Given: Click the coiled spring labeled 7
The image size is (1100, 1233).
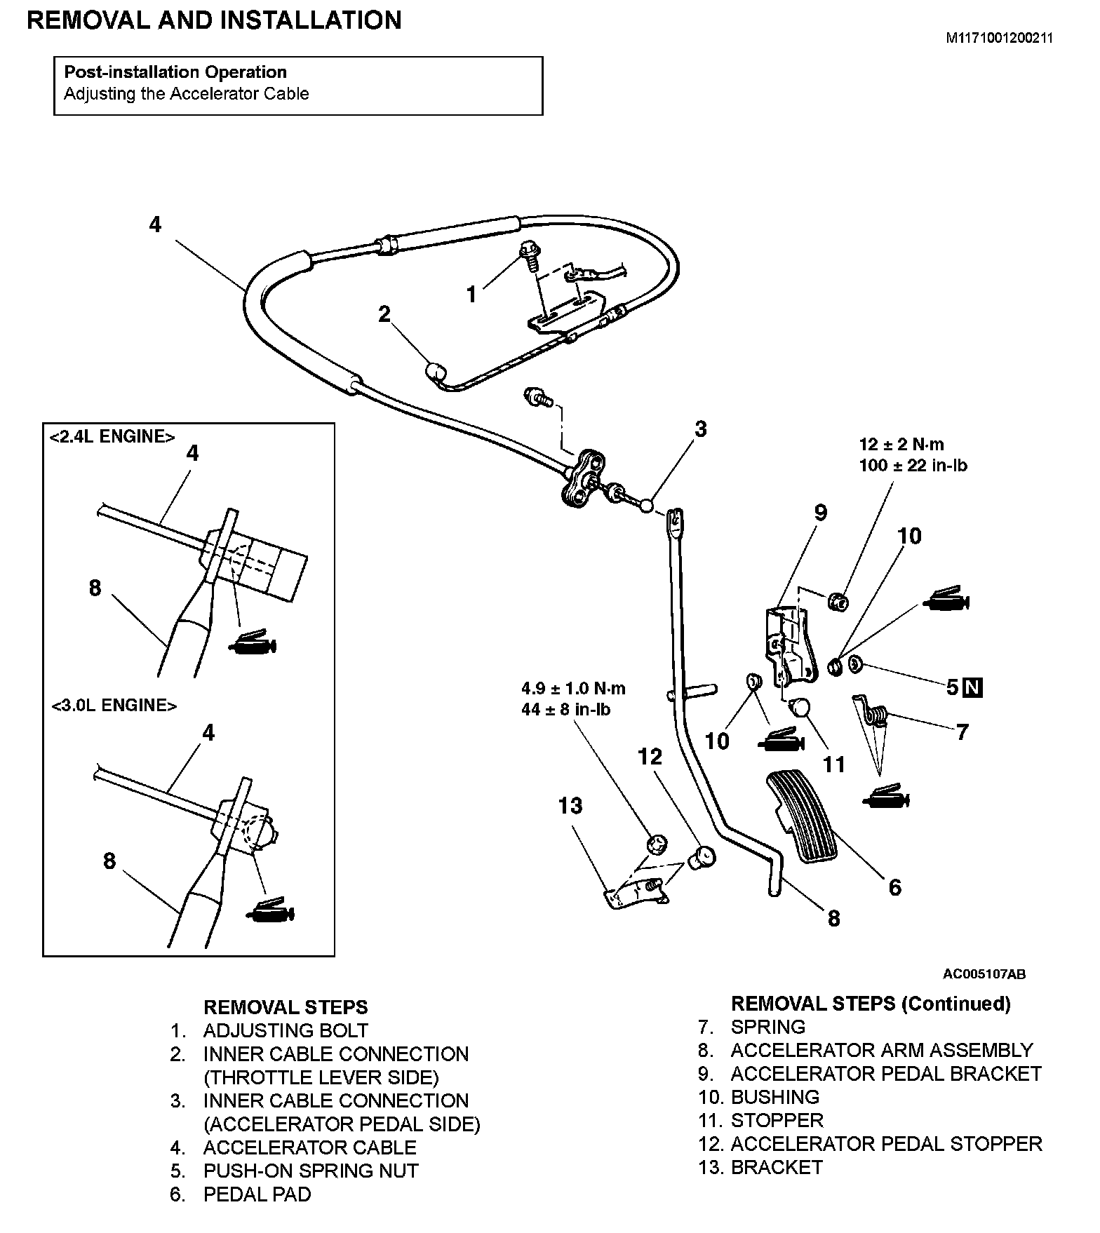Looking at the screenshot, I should click(x=877, y=715).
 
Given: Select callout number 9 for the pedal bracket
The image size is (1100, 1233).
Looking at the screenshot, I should click(x=820, y=513).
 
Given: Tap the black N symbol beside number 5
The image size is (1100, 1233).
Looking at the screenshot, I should click(x=973, y=687).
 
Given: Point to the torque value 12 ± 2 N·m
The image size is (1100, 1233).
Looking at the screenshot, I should click(x=901, y=444).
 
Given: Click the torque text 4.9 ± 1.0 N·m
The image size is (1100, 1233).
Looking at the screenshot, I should click(x=573, y=688).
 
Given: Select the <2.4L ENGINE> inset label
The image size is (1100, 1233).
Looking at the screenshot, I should click(x=112, y=436).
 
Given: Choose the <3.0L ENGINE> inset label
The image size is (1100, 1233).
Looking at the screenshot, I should click(x=114, y=705).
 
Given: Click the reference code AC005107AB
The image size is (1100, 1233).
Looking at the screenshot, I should click(x=984, y=973).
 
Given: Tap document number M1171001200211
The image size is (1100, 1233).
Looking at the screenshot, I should click(x=999, y=39).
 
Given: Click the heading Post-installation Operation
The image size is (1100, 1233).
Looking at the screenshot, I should click(x=175, y=72).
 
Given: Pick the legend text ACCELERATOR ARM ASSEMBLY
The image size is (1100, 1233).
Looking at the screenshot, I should click(x=882, y=1050).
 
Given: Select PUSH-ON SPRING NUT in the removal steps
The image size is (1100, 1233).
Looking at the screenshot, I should click(x=311, y=1171).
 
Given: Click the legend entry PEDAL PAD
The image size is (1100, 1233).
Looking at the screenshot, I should click(x=257, y=1194).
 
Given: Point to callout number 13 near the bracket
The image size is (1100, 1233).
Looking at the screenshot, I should click(x=570, y=806).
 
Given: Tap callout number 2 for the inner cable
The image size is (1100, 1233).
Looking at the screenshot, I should click(x=384, y=314).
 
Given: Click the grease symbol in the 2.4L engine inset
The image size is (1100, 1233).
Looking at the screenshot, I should click(x=253, y=642).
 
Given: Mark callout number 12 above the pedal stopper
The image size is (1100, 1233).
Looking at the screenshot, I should click(x=650, y=756).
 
